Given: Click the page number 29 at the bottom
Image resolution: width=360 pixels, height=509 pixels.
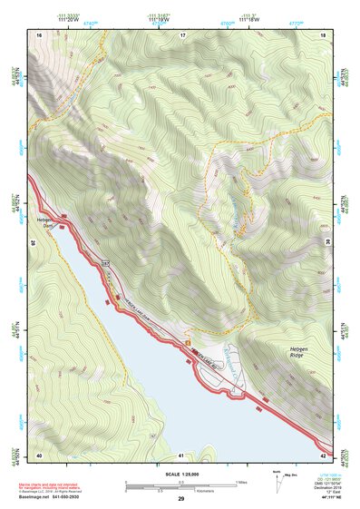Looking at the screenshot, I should coord(180,500).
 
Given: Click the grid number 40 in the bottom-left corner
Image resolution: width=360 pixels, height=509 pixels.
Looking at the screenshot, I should coord(39,455).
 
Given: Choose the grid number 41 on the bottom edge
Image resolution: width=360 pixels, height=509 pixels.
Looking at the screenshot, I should coord(181,455).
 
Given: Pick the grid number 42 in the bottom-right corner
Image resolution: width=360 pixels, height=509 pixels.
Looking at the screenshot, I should coord(323,455).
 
